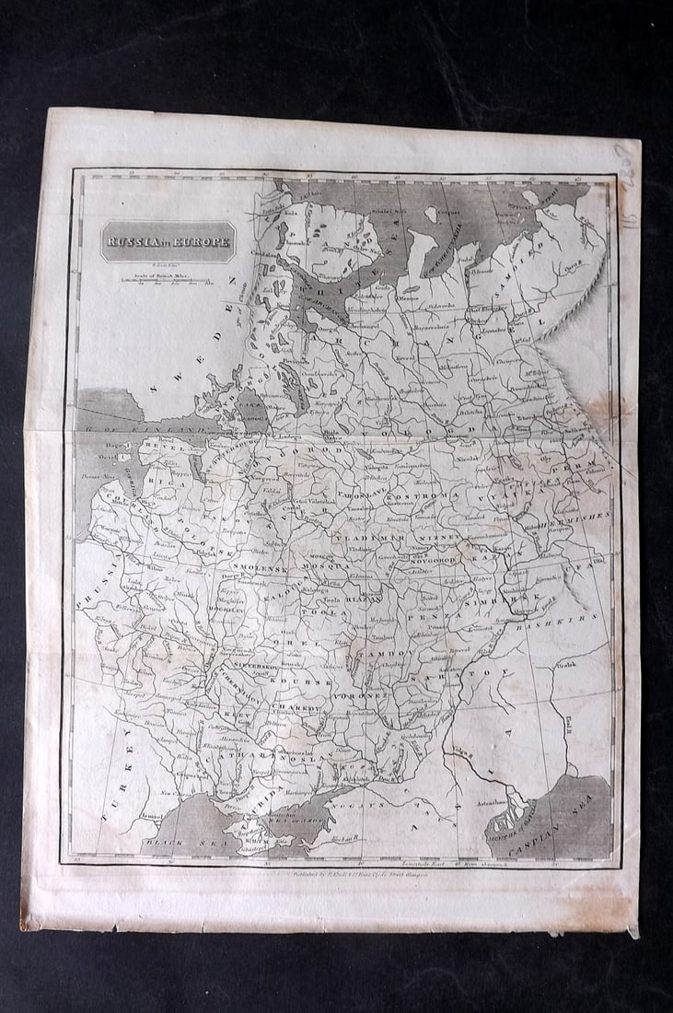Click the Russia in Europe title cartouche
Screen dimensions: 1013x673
168,242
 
